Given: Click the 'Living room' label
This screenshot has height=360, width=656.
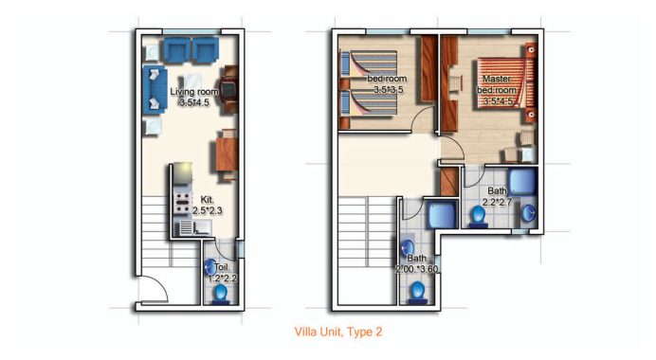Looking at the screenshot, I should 194,92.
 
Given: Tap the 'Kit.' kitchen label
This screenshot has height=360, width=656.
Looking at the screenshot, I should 207,200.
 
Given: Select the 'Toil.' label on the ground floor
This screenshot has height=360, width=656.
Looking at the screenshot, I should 222,268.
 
